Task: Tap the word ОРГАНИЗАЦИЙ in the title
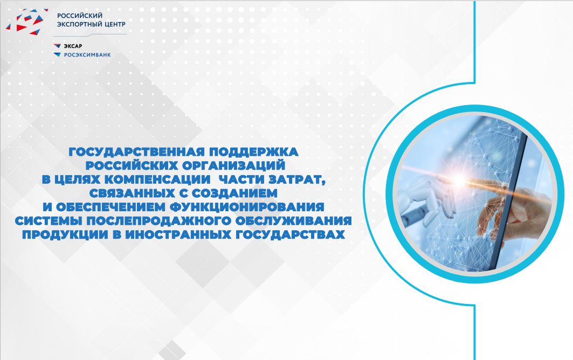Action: coord(233,165)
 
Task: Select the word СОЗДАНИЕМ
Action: coord(234,193)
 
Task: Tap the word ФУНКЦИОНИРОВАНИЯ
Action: coord(247,207)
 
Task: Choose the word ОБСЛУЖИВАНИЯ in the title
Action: coord(294,221)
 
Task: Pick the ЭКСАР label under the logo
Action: coord(73,46)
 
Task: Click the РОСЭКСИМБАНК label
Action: coord(87,55)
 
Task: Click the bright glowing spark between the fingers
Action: coord(459,180)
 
